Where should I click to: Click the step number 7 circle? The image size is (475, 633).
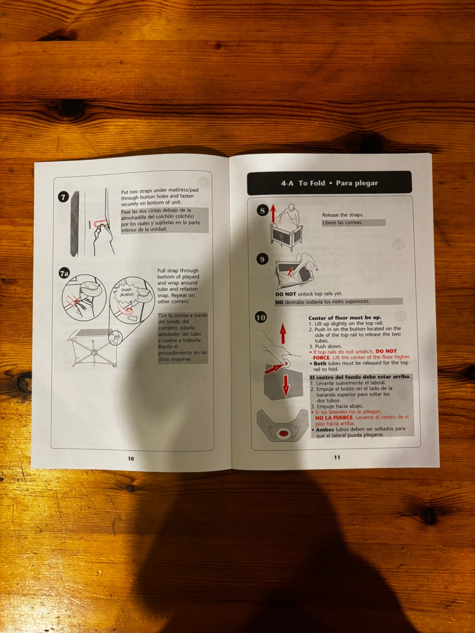point(63,197)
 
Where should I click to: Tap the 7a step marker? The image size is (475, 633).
point(64,273)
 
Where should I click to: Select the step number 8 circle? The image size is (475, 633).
point(263,211)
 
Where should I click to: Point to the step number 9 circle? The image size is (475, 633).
point(262,259)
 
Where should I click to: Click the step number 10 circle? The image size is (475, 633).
point(261,317)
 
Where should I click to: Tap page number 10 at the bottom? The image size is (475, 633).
point(131,458)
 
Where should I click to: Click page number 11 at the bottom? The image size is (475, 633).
point(337,457)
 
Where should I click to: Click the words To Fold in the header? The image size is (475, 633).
point(311,183)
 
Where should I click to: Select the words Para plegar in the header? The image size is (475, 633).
point(357,183)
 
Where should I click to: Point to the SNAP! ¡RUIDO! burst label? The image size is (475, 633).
point(127,292)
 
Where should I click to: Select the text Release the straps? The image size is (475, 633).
point(343,215)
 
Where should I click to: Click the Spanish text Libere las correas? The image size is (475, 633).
point(342,222)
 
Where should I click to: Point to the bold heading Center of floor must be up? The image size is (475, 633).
point(345,318)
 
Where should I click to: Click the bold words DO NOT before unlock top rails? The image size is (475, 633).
point(285,294)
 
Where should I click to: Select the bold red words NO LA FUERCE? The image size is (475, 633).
point(334,418)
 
